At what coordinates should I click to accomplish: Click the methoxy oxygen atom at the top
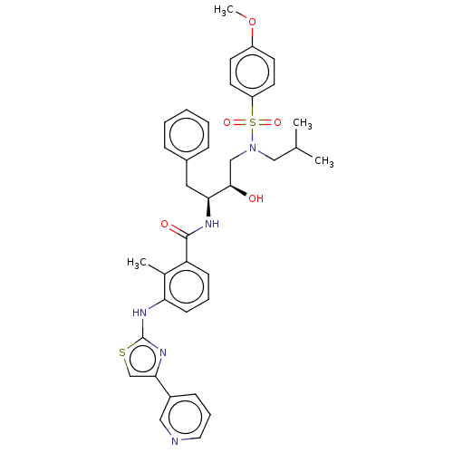(252, 22)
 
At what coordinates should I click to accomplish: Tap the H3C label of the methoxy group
(224, 11)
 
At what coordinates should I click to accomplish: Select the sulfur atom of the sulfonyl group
(253, 122)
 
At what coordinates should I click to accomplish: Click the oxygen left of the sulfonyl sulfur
(226, 122)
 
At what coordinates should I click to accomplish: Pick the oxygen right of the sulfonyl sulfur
(277, 122)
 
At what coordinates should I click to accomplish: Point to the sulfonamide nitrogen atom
(253, 148)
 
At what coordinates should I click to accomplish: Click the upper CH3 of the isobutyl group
(303, 123)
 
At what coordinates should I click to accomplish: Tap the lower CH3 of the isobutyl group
(324, 161)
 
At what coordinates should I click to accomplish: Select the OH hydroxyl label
(255, 198)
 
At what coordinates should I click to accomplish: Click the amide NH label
(212, 224)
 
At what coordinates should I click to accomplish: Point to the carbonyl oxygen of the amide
(165, 224)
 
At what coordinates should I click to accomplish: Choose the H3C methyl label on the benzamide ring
(137, 263)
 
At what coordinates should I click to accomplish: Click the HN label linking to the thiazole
(140, 313)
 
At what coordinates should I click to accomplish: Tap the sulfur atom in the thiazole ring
(122, 352)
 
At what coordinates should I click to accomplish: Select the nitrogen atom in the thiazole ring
(163, 352)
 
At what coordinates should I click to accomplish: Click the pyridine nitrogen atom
(175, 441)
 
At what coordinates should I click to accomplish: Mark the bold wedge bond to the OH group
(238, 191)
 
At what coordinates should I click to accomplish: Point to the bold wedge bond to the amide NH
(208, 207)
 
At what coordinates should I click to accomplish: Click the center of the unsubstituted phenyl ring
(187, 135)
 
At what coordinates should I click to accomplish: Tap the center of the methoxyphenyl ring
(252, 72)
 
